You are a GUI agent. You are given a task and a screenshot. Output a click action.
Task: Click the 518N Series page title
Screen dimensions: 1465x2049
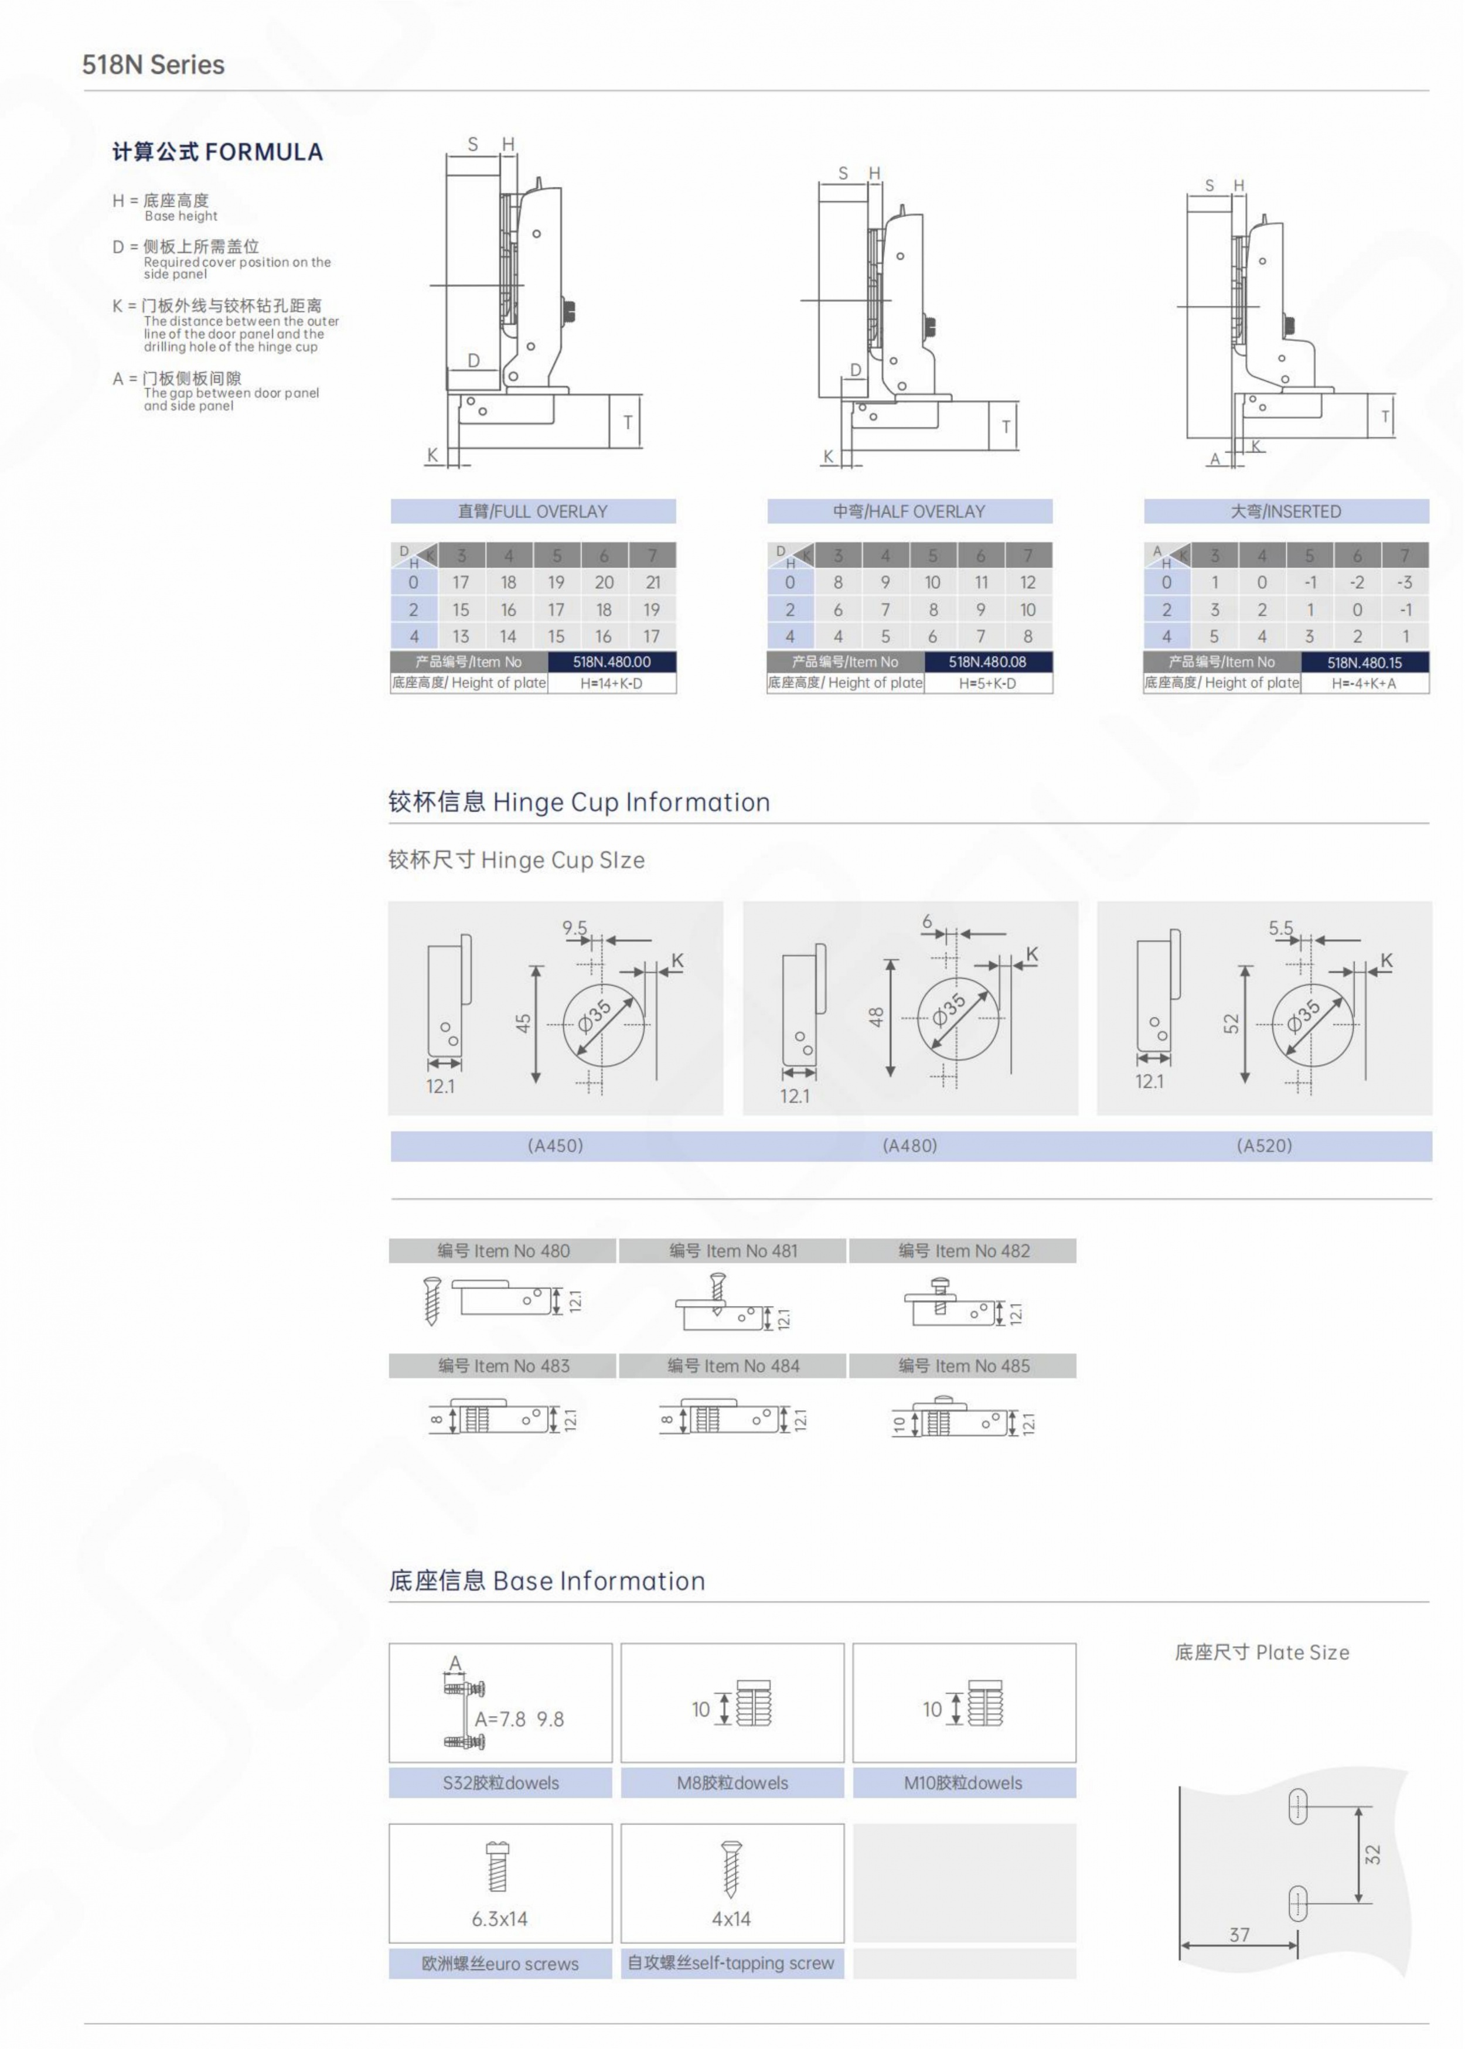click(154, 65)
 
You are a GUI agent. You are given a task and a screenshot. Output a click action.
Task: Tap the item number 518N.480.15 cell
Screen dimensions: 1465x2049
click(1364, 662)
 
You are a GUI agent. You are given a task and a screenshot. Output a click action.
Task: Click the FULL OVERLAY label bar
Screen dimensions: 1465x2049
click(533, 512)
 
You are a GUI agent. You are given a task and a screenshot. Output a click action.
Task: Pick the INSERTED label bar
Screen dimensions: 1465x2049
click(1286, 512)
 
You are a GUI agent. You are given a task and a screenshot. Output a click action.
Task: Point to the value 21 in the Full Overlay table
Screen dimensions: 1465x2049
click(652, 582)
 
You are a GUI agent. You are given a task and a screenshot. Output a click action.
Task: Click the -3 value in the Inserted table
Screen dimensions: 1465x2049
click(1405, 582)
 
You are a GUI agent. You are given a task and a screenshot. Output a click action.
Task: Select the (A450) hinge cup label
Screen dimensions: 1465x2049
click(556, 1145)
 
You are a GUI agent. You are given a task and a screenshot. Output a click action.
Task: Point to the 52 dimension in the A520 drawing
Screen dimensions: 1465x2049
click(1231, 1024)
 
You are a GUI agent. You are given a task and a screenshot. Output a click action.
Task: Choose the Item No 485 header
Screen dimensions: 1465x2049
click(963, 1365)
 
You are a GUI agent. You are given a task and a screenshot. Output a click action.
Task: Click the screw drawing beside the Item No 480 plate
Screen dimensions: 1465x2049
click(432, 1300)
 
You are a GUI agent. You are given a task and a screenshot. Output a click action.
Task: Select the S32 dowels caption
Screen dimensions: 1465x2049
click(500, 1783)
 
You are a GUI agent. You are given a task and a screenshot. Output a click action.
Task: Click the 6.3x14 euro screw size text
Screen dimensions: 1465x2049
click(500, 1918)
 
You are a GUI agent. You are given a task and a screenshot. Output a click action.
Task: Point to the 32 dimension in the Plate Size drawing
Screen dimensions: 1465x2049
click(1372, 1854)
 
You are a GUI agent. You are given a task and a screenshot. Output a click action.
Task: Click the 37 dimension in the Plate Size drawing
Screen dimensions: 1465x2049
click(1239, 1935)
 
